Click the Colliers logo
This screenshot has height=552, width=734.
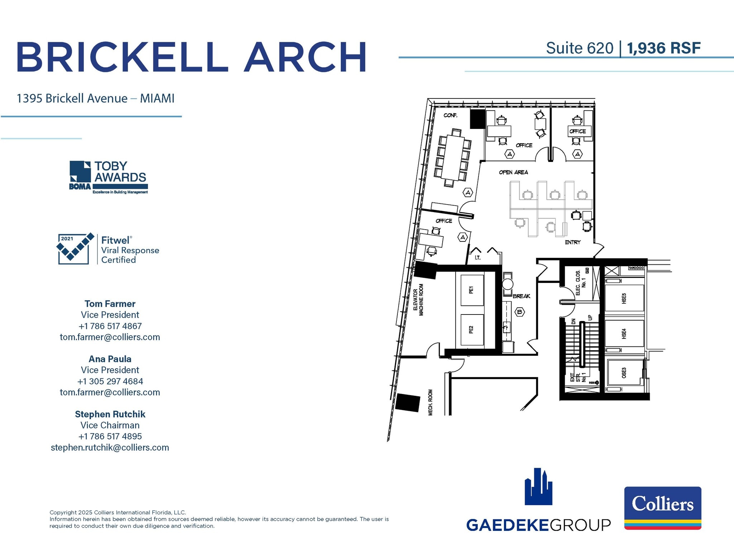(x=662, y=508)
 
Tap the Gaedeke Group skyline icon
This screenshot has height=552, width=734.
(x=538, y=487)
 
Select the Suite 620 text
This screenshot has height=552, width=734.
(x=579, y=48)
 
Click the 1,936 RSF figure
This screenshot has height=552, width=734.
(x=663, y=48)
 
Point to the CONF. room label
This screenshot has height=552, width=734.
(x=450, y=115)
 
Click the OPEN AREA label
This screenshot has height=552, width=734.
(x=513, y=172)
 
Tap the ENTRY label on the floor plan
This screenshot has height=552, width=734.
(x=572, y=243)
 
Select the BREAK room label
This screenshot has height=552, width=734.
(x=521, y=296)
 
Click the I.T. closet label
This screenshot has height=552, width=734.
(x=477, y=258)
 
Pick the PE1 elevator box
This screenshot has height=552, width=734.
(x=472, y=290)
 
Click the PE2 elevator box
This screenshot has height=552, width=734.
(x=472, y=330)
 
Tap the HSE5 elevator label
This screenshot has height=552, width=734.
(x=624, y=298)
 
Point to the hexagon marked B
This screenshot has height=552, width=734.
(x=519, y=312)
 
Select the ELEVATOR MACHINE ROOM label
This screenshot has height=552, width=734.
(x=418, y=300)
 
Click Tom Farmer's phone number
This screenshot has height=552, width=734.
(x=110, y=326)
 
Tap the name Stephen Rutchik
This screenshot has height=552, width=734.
(x=110, y=414)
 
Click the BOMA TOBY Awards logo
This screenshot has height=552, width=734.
(x=109, y=177)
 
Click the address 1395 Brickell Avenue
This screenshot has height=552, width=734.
(x=72, y=99)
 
